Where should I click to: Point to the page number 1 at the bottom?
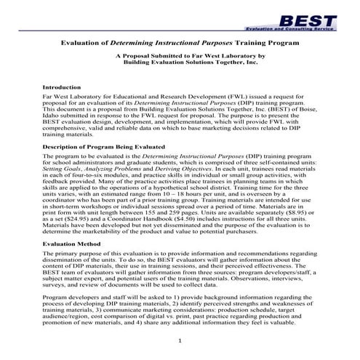[179, 340]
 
